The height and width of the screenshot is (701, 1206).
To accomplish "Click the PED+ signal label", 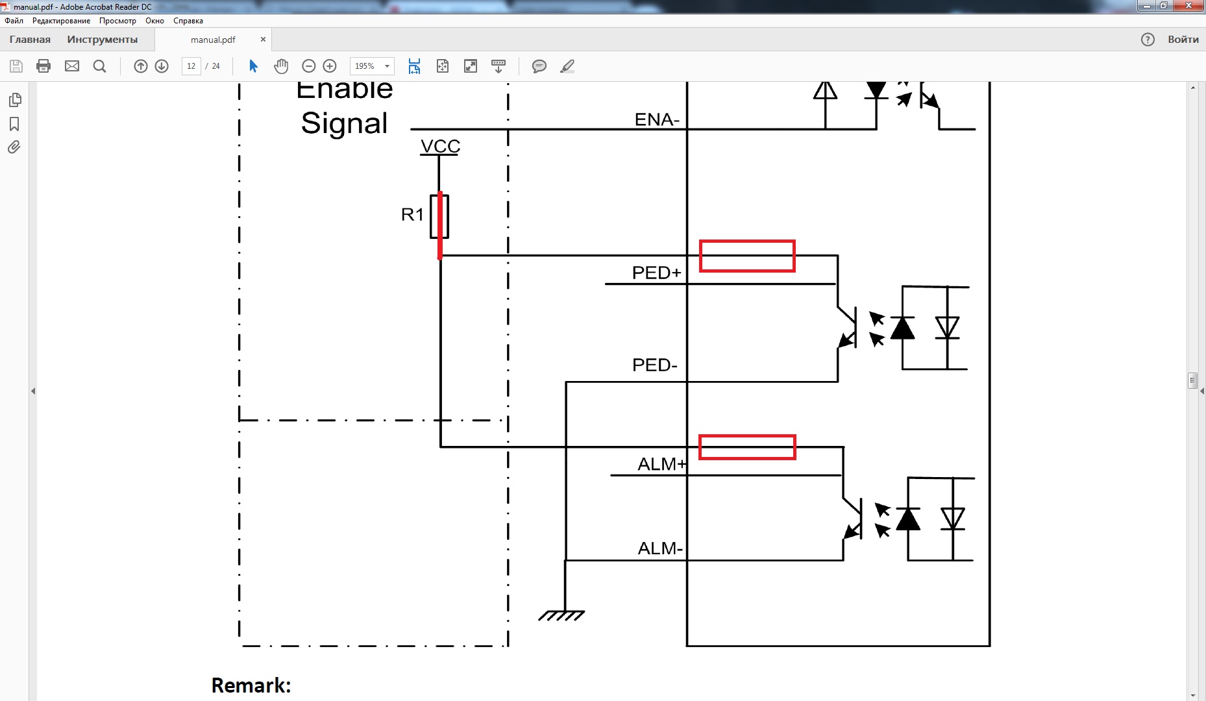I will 656,273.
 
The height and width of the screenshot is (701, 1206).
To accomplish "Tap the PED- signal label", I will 654,365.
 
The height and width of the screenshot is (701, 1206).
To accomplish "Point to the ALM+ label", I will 661,464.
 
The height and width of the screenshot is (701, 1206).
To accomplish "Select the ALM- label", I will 660,548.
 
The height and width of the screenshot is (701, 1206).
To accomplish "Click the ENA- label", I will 657,119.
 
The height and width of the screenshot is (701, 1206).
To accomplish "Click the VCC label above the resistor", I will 440,146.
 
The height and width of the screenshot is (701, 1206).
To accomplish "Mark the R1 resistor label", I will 412,214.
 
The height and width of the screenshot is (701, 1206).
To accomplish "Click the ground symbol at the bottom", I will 562,615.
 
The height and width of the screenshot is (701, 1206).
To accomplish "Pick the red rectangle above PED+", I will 747,256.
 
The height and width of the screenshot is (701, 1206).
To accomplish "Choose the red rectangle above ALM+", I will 747,447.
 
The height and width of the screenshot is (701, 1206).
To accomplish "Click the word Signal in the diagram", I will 344,123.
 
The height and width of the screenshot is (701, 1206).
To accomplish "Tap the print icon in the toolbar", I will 43,66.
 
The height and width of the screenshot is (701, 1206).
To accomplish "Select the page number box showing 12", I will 191,66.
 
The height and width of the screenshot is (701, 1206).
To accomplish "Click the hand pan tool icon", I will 281,66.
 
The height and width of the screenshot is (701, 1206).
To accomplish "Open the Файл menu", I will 14,21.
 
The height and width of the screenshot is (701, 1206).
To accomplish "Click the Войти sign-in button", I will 1183,40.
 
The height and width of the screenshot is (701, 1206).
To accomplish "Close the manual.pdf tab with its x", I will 263,40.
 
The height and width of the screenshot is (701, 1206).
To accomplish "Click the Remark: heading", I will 251,685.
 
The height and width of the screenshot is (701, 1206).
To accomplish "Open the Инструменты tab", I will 102,40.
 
